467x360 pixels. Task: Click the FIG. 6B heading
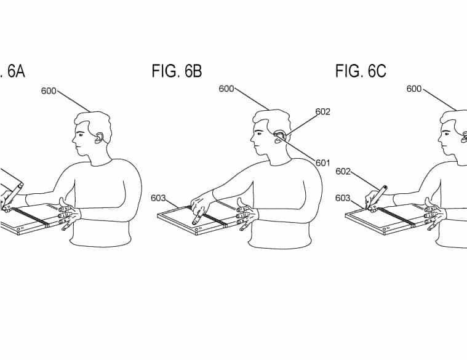coord(177,71)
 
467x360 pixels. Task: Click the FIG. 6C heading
coord(361,71)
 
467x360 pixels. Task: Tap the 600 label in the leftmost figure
coord(49,91)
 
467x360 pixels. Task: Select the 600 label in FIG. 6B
coord(226,89)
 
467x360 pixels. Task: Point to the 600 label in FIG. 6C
coord(414,89)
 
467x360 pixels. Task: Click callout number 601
coord(323,163)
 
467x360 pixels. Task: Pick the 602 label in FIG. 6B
coord(323,111)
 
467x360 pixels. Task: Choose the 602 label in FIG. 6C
coord(343,171)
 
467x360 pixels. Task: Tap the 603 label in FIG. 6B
coord(159,198)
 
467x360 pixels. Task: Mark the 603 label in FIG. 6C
coord(343,198)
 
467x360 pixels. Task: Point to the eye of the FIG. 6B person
coord(259,134)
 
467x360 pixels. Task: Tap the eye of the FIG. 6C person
coord(447,134)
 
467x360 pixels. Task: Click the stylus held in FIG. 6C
coord(377,197)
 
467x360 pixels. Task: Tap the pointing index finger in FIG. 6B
coord(198,217)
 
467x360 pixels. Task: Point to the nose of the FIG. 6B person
coord(252,139)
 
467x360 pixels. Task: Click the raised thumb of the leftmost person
coord(62,202)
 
